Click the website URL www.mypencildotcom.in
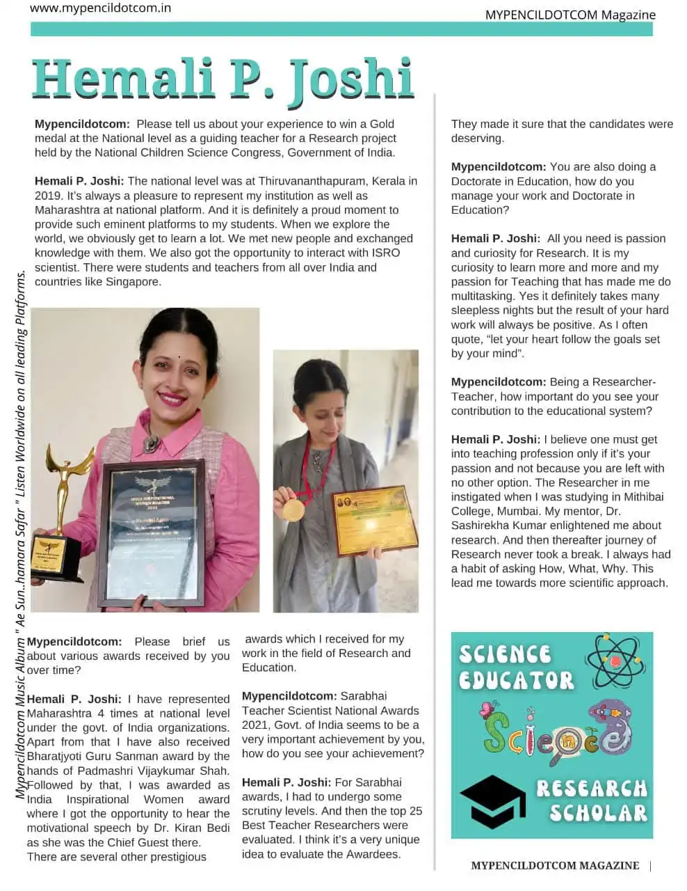tap(101, 8)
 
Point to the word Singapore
tap(133, 282)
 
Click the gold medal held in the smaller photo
tap(293, 510)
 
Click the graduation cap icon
tap(492, 801)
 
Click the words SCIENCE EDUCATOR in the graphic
tap(516, 667)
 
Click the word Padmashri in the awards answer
tap(115, 771)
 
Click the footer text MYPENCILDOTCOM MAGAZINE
tap(555, 865)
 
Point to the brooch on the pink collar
tap(149, 443)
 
